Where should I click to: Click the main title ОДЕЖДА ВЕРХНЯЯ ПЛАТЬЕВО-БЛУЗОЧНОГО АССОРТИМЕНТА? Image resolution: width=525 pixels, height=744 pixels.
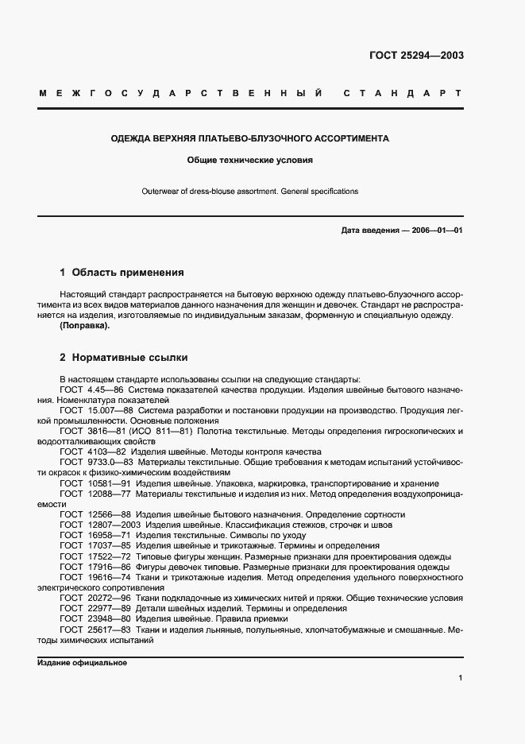(x=249, y=138)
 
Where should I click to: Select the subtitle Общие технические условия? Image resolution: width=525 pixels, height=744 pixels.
(x=249, y=160)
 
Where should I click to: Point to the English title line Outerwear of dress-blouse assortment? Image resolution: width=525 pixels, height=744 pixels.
(x=249, y=192)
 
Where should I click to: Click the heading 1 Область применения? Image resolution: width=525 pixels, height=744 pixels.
(x=122, y=272)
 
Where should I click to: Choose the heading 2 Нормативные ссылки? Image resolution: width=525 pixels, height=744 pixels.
(x=123, y=358)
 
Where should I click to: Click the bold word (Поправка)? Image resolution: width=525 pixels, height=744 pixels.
(x=85, y=326)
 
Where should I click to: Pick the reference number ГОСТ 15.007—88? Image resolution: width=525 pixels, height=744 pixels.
(x=95, y=409)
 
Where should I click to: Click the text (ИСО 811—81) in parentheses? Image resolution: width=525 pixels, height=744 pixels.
(x=170, y=430)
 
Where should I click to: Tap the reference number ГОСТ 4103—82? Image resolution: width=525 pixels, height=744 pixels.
(x=92, y=451)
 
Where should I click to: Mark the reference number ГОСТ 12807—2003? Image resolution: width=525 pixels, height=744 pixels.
(x=98, y=525)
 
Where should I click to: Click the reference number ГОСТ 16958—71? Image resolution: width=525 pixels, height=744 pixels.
(x=95, y=535)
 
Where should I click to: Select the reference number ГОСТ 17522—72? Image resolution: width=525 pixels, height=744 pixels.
(x=95, y=556)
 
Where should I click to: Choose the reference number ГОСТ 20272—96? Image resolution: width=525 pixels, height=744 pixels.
(x=95, y=598)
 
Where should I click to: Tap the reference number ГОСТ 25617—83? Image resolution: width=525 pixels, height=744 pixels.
(x=95, y=629)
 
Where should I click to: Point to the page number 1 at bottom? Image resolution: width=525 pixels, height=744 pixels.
(x=461, y=677)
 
